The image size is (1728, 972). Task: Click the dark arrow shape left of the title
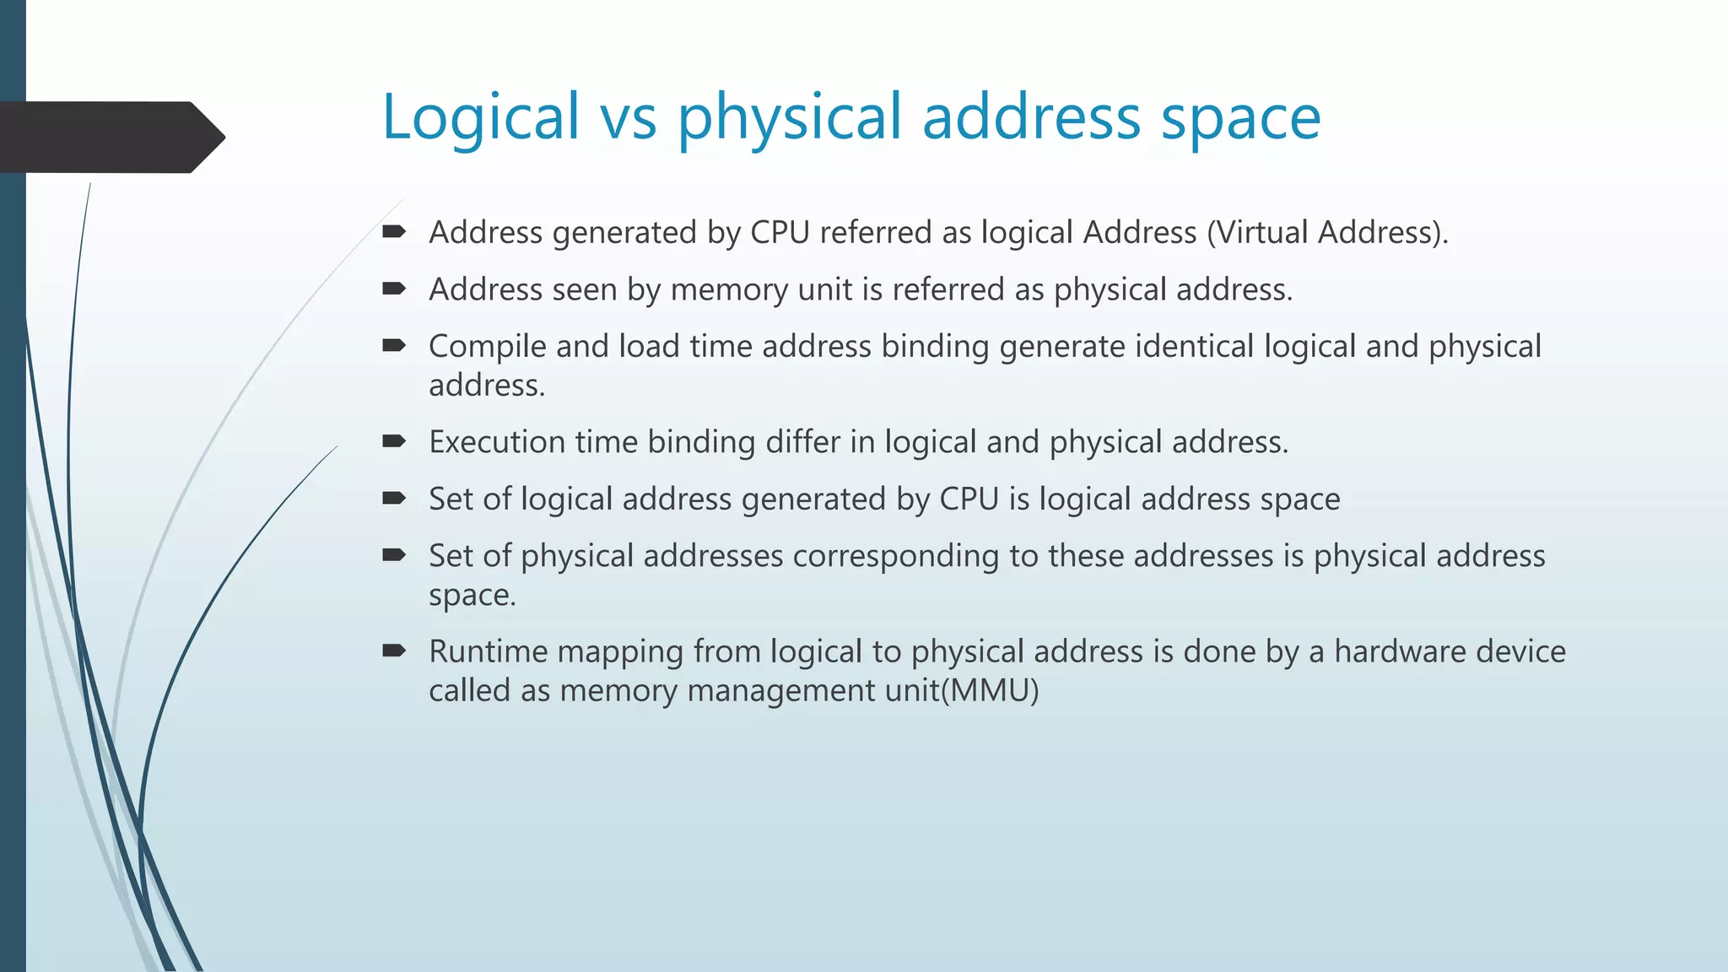[110, 137]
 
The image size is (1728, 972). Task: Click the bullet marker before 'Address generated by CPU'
[394, 231]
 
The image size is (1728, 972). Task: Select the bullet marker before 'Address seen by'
[394, 289]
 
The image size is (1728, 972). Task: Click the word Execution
[497, 442]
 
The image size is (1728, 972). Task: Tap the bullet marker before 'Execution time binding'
[394, 441]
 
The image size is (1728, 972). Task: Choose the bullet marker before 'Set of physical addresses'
[394, 555]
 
